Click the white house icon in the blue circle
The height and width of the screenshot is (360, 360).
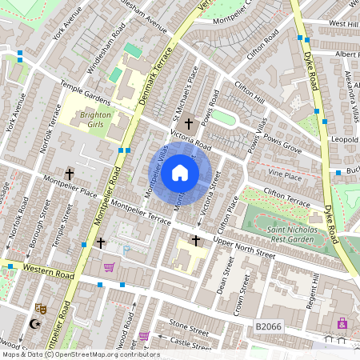180,173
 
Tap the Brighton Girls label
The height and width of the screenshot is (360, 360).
96,119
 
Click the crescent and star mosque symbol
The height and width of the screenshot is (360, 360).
34,324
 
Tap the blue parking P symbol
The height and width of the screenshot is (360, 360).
126,250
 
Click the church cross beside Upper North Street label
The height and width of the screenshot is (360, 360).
195,240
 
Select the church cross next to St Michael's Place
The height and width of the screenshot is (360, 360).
189,124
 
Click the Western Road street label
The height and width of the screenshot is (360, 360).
48,270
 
